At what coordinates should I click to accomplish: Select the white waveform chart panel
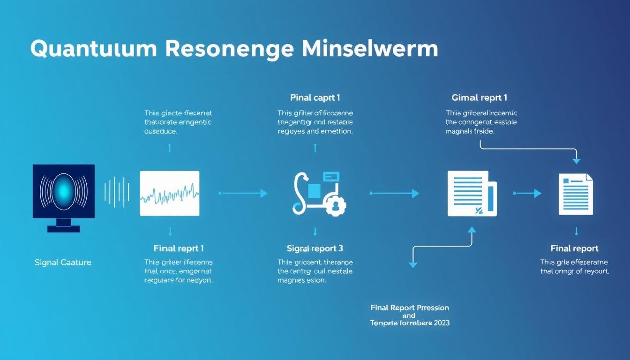coord(170,193)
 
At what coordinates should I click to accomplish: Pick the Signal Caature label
coord(63,262)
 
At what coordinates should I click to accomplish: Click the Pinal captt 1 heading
coord(315,98)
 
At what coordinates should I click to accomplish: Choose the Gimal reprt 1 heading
coord(480,98)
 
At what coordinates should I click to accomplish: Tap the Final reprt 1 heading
coord(179,248)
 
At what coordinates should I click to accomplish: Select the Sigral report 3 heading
coord(315,248)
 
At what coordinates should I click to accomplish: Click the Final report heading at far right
coord(574,248)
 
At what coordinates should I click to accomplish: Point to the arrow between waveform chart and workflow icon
coord(243,193)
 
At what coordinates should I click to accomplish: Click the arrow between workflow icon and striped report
coord(395,193)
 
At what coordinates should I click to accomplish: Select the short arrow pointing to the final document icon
coord(527,193)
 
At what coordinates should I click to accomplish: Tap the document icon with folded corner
coord(576,194)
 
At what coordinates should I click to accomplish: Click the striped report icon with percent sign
coord(471,193)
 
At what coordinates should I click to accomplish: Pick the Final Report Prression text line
coord(410,308)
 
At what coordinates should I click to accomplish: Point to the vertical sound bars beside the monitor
coord(116,192)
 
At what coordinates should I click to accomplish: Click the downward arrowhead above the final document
coord(577,161)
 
